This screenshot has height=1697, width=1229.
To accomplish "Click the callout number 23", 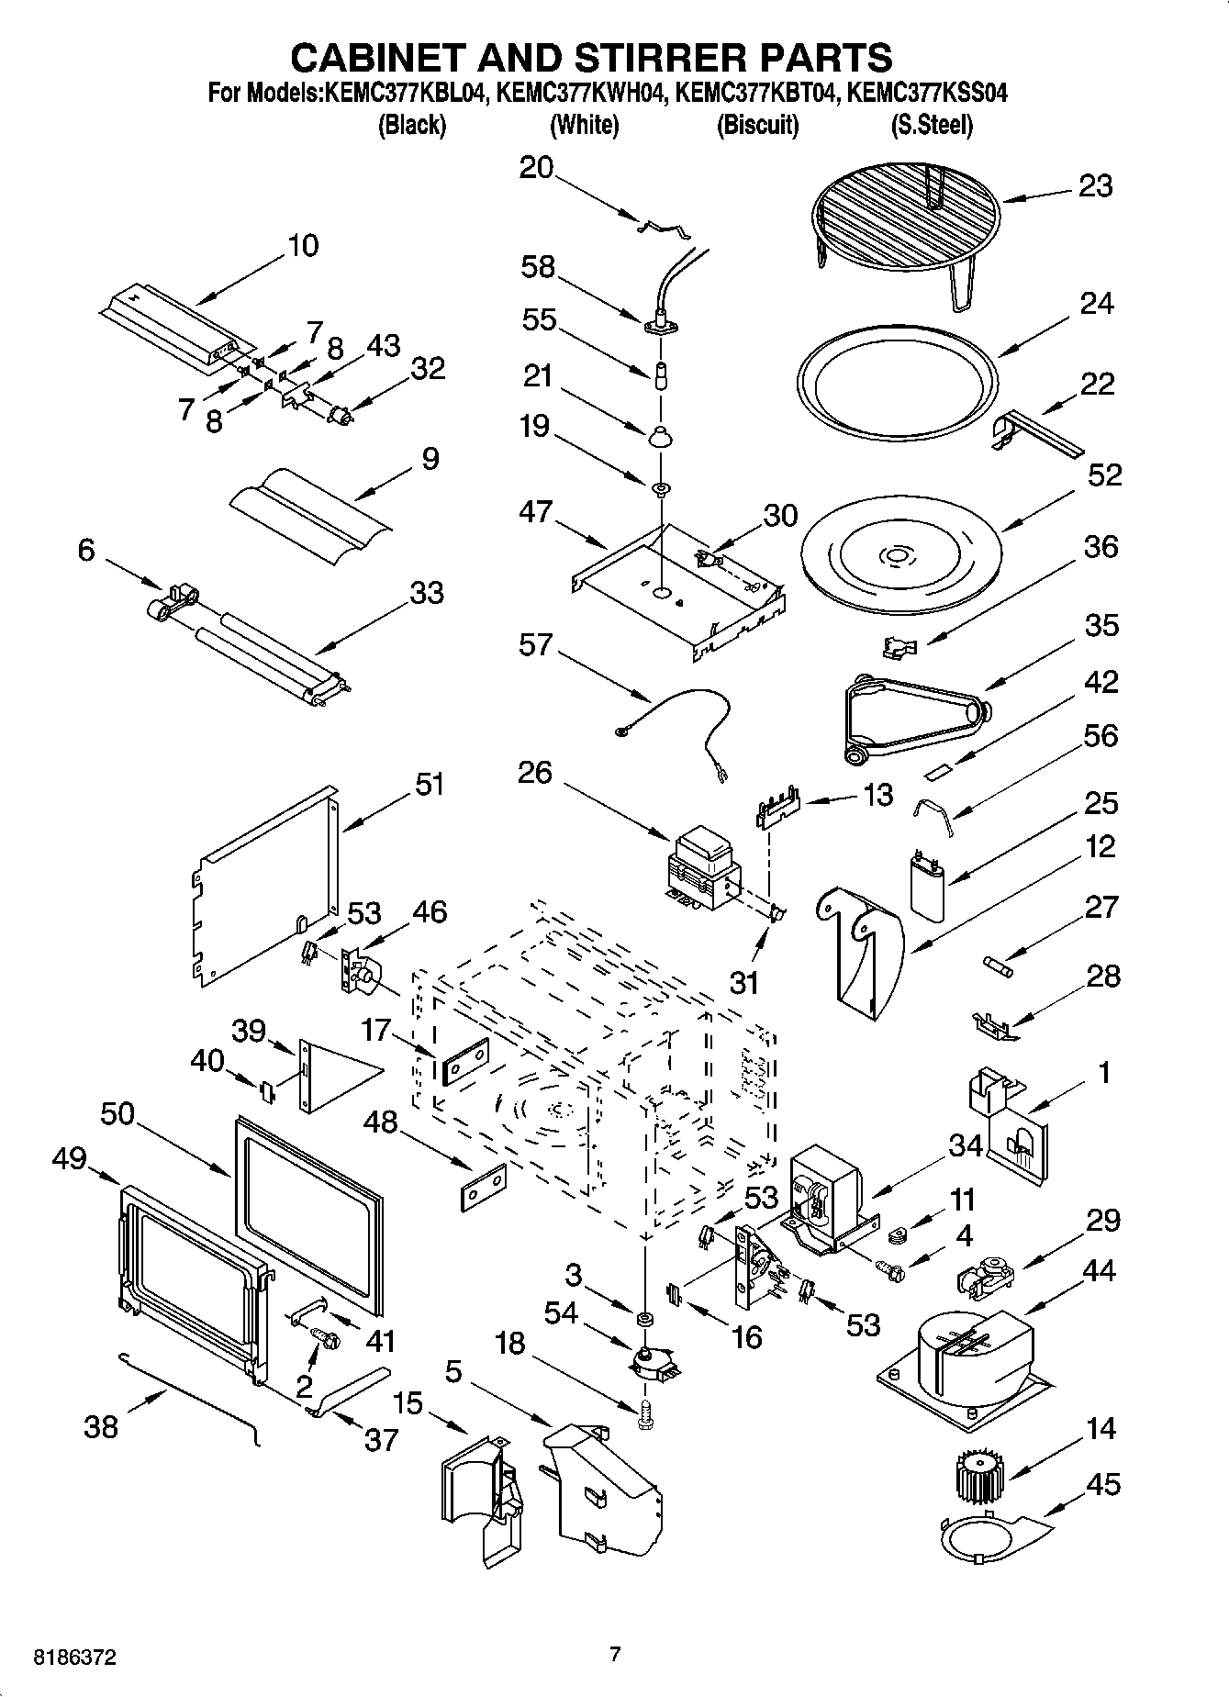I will coord(1096,186).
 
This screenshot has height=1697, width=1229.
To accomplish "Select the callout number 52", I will coord(1105,474).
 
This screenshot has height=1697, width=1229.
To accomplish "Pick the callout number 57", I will coord(535,645).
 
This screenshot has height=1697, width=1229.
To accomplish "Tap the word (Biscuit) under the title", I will coord(757,125).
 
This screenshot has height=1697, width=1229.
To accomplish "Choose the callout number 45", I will coord(1104,1484).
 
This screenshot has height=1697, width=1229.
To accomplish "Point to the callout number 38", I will coord(101,1426).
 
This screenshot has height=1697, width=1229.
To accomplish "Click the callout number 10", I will coord(303,245).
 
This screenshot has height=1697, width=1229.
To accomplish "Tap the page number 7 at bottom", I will coord(615,1654).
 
